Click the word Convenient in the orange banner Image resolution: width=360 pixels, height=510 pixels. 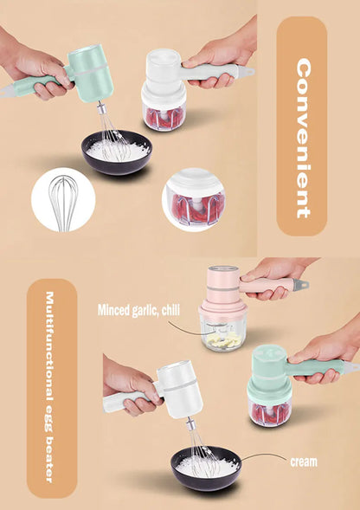click(x=302, y=138)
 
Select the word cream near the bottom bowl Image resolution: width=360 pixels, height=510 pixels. click(x=303, y=462)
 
